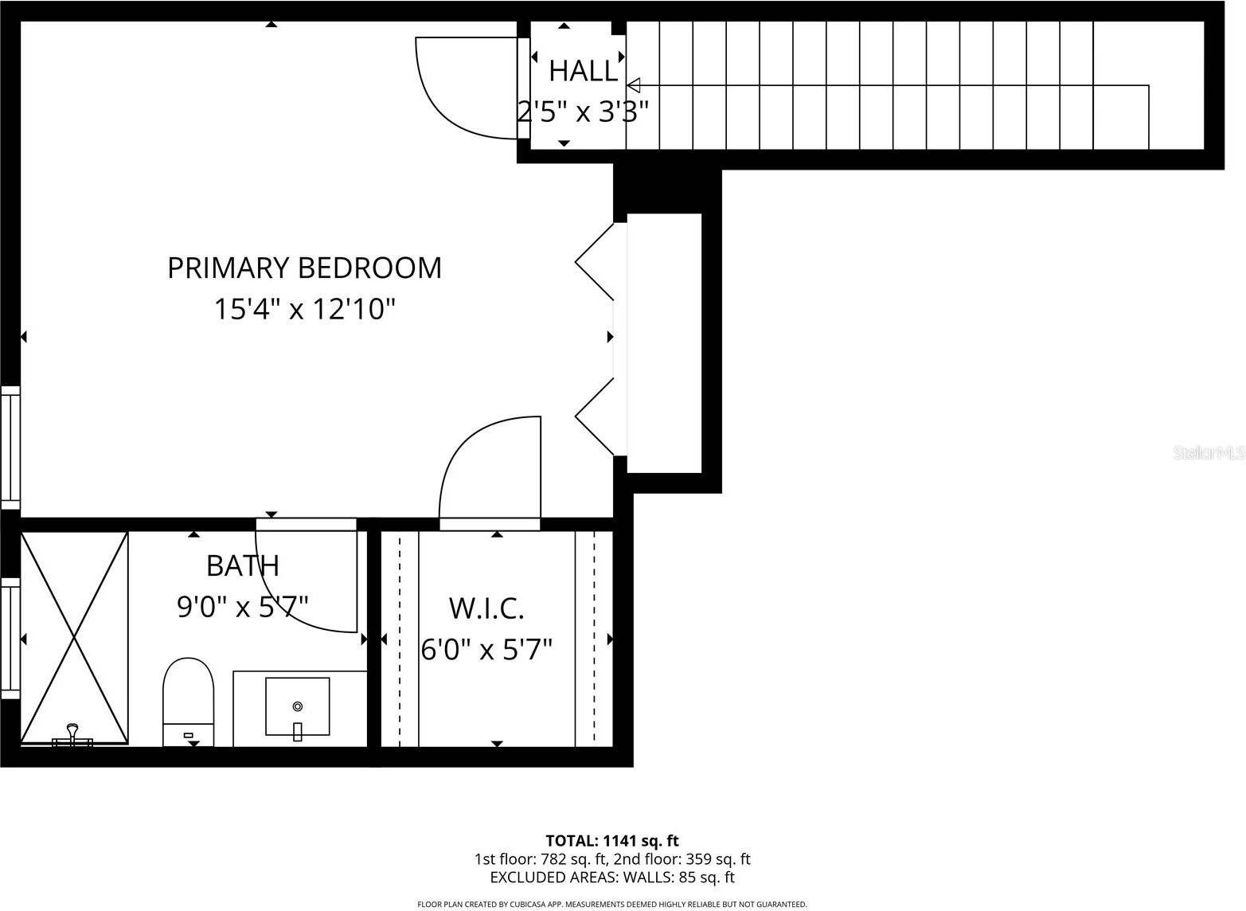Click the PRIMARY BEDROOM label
[304, 268]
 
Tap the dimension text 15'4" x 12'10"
[304, 309]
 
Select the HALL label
[584, 72]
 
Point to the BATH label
[243, 565]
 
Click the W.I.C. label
[486, 608]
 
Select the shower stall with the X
[74, 637]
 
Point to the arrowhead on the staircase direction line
[634, 84]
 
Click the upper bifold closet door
[595, 261]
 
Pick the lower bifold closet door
[595, 416]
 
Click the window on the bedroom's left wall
[10, 446]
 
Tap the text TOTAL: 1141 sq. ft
[611, 840]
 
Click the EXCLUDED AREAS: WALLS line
[611, 878]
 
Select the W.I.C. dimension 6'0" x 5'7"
[486, 650]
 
